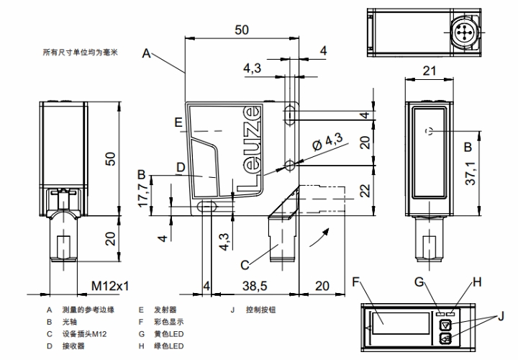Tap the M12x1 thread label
[109, 286]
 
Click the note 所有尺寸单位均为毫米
[79, 53]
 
